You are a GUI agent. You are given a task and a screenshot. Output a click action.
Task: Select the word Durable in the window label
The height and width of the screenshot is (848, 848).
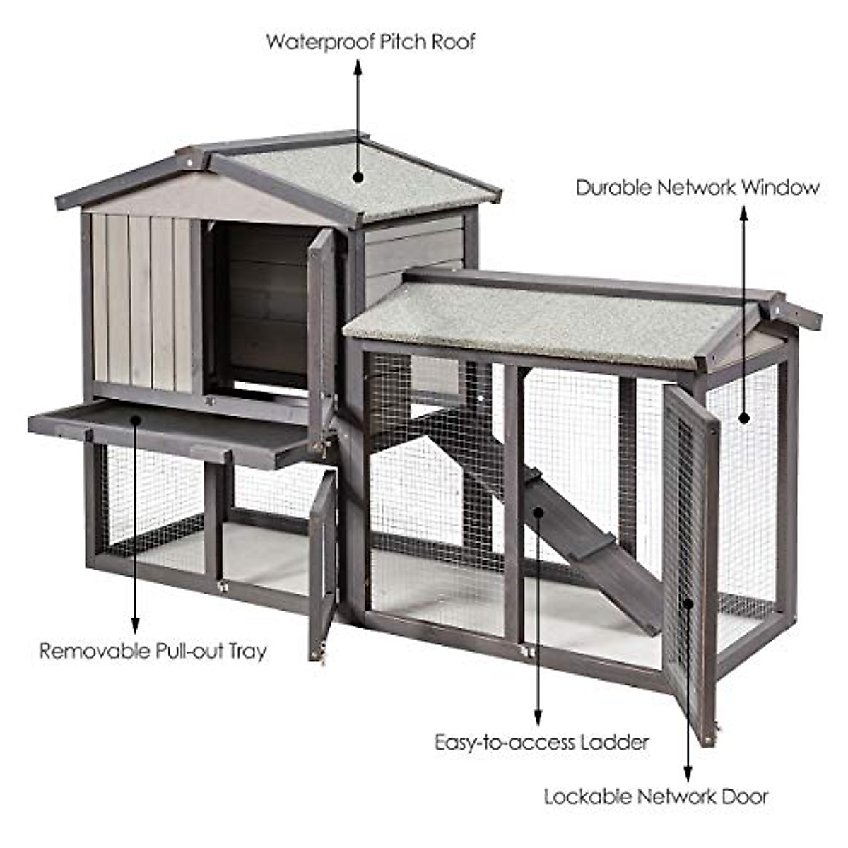pyautogui.click(x=613, y=188)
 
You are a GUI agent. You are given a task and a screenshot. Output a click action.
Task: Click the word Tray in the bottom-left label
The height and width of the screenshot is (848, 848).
pyautogui.click(x=247, y=652)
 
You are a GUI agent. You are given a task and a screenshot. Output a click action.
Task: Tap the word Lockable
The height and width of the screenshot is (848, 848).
pyautogui.click(x=588, y=797)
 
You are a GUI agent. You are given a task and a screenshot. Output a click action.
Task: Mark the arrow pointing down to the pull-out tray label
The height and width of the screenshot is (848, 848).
pyautogui.click(x=135, y=523)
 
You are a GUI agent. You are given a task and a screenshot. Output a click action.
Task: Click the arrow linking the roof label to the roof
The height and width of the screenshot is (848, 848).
pyautogui.click(x=358, y=120)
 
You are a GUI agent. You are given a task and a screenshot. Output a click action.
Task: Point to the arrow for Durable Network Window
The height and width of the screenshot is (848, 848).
pyautogui.click(x=743, y=311)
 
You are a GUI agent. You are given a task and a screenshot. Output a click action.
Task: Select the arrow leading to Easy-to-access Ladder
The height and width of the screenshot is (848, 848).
pyautogui.click(x=538, y=615)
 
